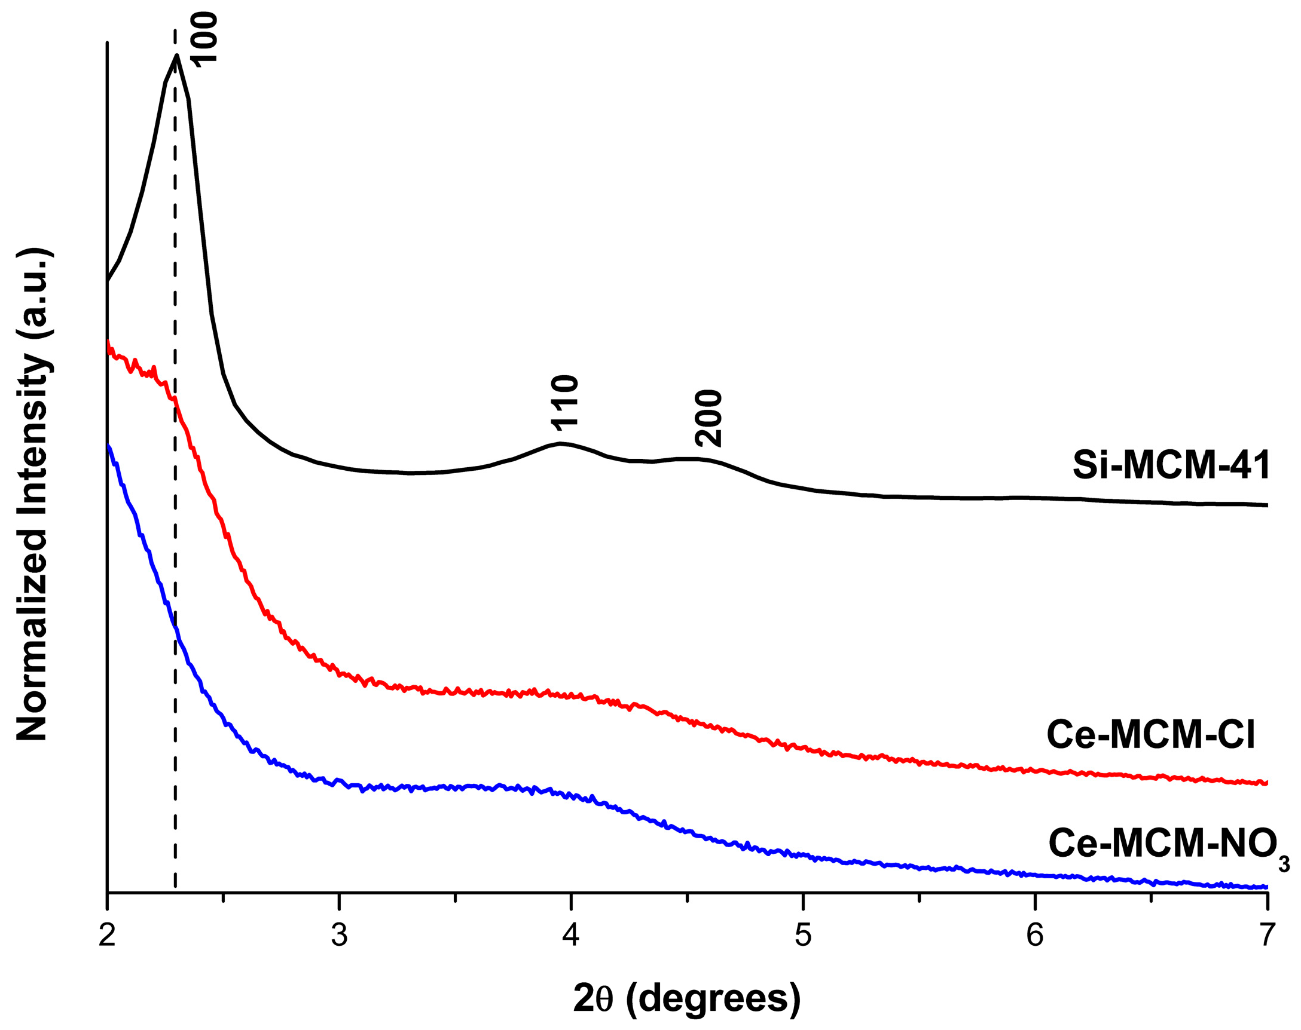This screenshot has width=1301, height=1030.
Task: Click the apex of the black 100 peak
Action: pos(176,56)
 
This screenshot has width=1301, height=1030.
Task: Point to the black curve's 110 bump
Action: pos(561,444)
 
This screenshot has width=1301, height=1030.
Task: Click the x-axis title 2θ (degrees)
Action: pos(687,998)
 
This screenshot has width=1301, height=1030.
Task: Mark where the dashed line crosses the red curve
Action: pos(175,401)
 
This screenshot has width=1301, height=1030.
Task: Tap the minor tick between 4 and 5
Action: pos(687,899)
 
